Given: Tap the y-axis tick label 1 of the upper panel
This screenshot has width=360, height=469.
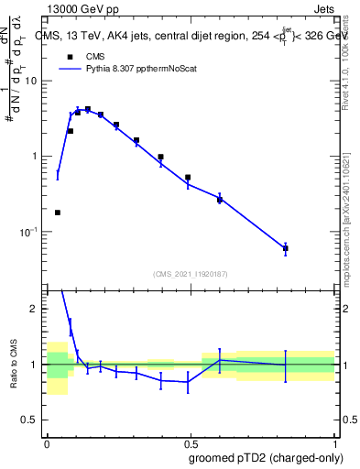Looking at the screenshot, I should [35, 157].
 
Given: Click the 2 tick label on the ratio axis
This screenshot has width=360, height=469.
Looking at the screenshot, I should [35, 309].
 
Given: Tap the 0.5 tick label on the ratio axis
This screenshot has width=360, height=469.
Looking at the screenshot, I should [29, 420].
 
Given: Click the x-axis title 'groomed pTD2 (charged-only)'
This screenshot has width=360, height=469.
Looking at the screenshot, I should [265, 457].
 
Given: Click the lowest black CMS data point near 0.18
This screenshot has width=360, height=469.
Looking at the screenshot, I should [58, 213].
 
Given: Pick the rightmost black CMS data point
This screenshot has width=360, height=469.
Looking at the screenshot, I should [286, 248].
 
